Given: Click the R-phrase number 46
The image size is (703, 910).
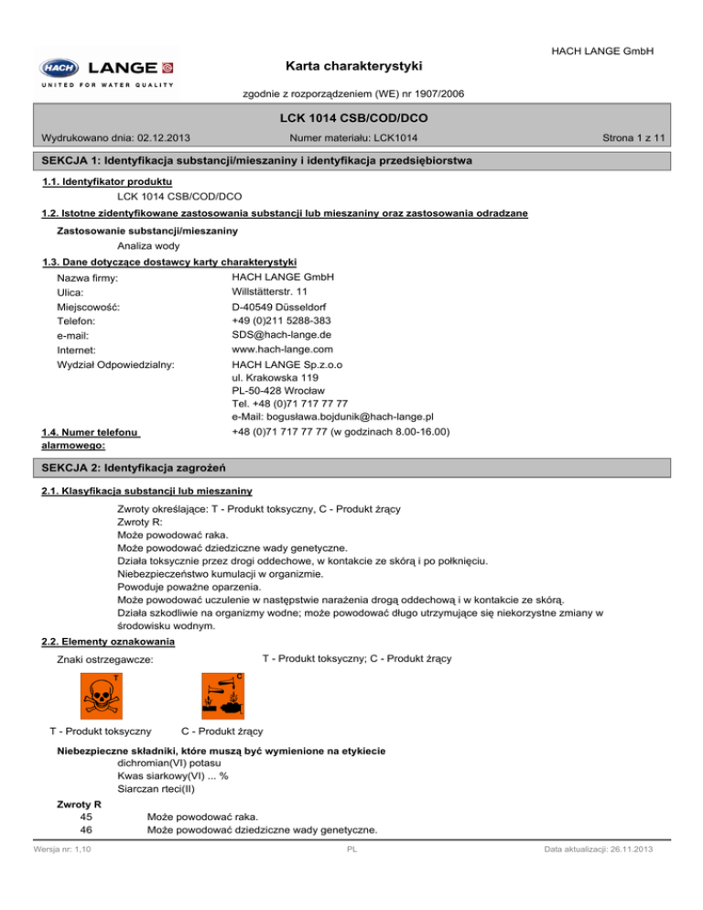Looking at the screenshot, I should (87, 829).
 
